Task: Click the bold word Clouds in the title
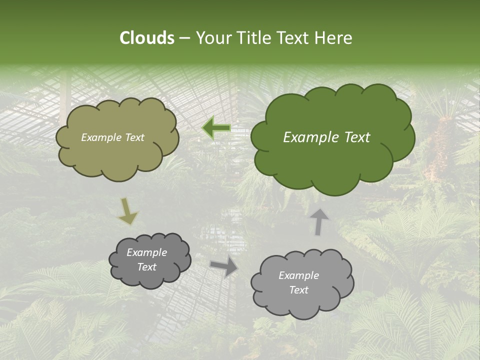[x=147, y=38]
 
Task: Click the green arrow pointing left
[x=216, y=128]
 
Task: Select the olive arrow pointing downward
[x=127, y=211]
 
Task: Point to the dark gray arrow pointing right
[x=224, y=266]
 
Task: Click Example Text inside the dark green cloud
[x=326, y=137]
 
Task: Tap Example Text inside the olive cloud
[x=112, y=137]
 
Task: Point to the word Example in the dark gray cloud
[x=146, y=252]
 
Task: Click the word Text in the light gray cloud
[x=298, y=290]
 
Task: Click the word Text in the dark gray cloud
[x=146, y=267]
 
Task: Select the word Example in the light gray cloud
[x=298, y=275]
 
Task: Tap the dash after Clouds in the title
[x=184, y=38]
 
